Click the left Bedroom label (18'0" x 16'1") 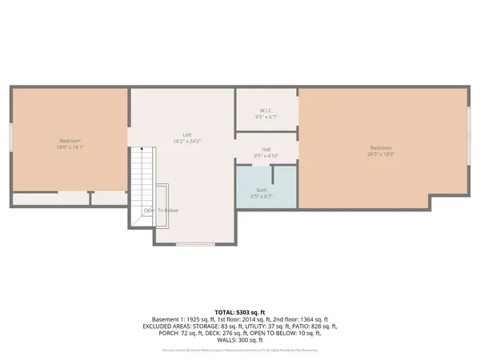[70, 144]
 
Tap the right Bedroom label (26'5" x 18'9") [381, 150]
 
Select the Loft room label [187, 138]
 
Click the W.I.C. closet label [266, 113]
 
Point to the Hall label [266, 151]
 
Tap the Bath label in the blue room [262, 192]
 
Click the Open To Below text [161, 210]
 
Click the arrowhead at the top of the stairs [142, 149]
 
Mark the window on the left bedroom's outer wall [10, 136]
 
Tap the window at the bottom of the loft [195, 244]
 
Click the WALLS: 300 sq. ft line [239, 342]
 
